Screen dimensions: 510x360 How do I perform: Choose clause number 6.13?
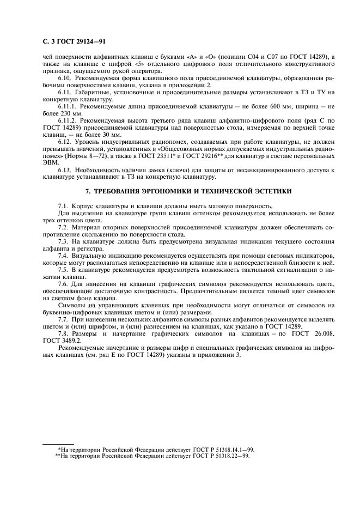[x=65, y=171]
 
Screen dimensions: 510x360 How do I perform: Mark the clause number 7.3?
[x=64, y=241]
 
